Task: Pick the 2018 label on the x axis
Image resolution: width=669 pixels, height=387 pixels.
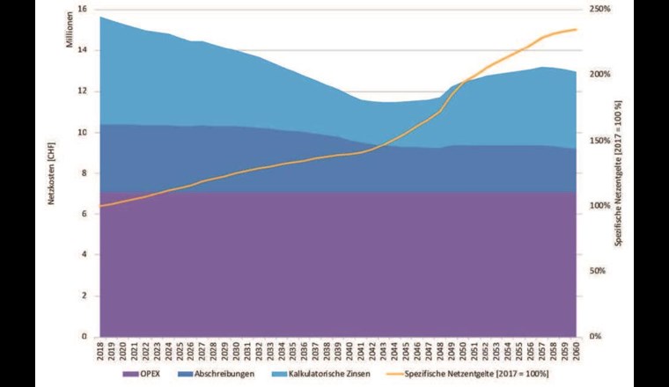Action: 100,352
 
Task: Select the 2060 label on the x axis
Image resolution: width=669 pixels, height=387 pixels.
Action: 576,352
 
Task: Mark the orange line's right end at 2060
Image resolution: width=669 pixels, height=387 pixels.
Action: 577,29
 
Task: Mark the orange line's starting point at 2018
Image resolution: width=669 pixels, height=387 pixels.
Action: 100,206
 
